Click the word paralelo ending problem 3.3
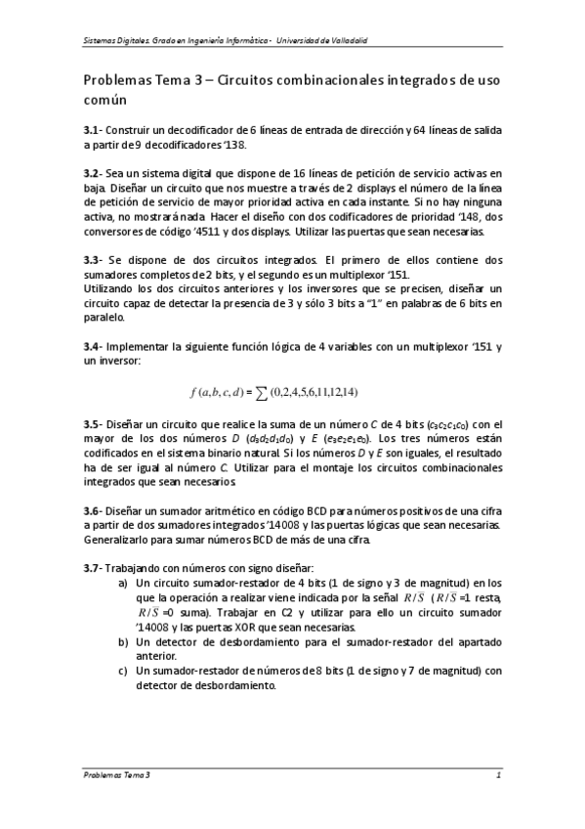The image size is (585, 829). [x=104, y=317]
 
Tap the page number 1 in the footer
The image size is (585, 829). [x=498, y=775]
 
